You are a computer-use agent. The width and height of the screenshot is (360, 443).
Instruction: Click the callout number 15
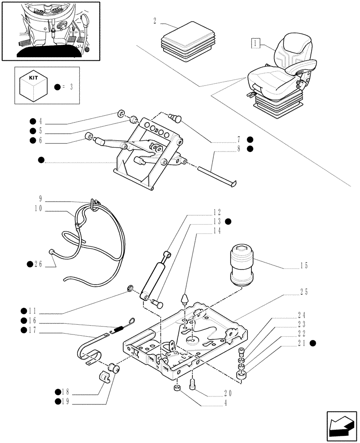pos(303,266)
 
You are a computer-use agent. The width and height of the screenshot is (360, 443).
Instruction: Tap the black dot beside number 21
pos(313,343)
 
